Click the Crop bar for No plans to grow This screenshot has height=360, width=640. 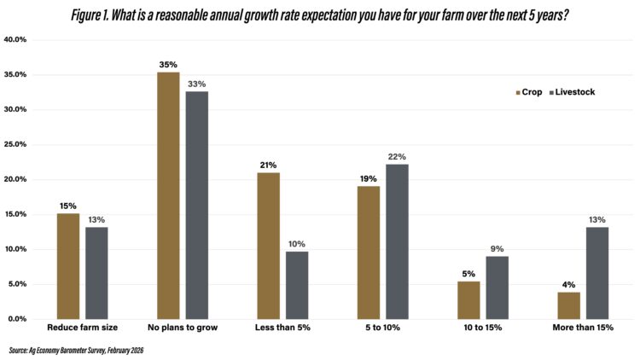[168, 195]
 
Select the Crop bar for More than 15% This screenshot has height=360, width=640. [568, 305]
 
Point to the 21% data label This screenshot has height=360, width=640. [268, 164]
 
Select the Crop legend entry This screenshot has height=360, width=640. [529, 91]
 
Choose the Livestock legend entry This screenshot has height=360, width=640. [571, 91]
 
